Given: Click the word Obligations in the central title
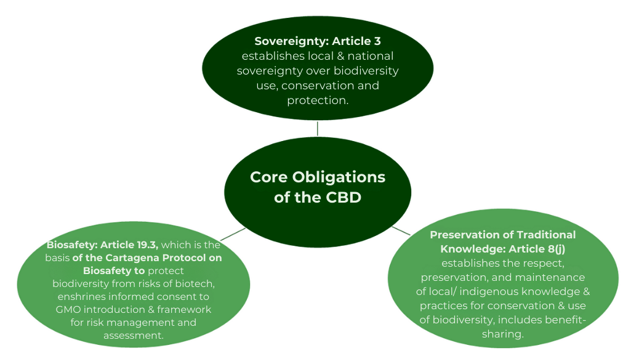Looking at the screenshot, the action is tap(339, 177).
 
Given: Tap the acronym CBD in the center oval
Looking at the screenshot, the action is tap(344, 197).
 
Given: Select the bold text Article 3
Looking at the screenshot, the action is tap(356, 41).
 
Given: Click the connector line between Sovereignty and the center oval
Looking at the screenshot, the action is tap(318, 129).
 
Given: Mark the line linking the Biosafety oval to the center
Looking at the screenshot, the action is tap(233, 234).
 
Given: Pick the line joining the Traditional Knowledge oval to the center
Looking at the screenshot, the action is tap(401, 231).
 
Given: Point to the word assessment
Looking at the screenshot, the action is tap(133, 336).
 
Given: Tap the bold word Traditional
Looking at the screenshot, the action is tap(545, 235).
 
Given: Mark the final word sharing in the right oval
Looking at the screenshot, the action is tap(502, 334).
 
